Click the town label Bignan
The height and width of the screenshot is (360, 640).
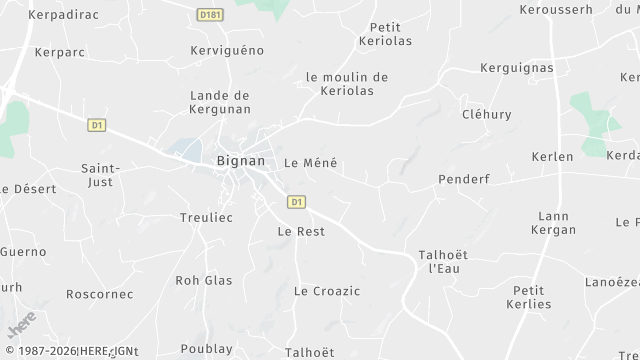click(x=241, y=160)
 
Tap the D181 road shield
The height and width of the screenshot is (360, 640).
click(x=209, y=15)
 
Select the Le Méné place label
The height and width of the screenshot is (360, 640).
click(x=311, y=163)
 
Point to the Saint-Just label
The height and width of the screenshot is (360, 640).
click(x=100, y=175)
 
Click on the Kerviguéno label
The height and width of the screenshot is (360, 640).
click(x=227, y=49)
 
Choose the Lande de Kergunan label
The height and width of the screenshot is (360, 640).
click(x=219, y=102)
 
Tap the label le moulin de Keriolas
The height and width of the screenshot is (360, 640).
click(x=347, y=83)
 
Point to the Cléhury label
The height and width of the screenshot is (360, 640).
click(x=487, y=115)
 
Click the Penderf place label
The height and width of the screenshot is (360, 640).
click(x=462, y=179)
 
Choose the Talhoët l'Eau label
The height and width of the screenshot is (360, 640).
click(x=441, y=262)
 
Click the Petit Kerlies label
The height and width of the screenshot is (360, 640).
click(x=530, y=297)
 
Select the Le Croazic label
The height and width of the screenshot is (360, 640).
click(x=327, y=291)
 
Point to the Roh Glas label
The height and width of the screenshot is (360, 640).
click(x=203, y=281)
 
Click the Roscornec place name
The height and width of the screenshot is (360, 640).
click(x=99, y=294)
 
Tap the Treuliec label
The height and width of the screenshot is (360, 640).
click(x=206, y=217)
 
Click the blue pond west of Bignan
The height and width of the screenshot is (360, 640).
click(x=188, y=149)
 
